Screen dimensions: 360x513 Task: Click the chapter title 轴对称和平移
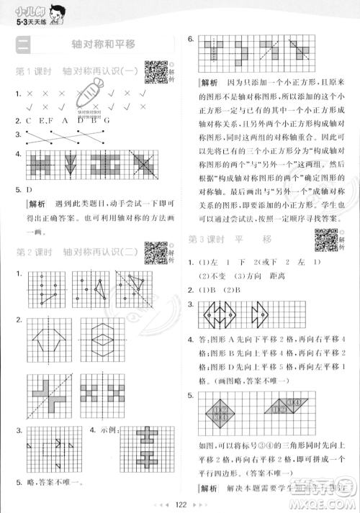point(104,45)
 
